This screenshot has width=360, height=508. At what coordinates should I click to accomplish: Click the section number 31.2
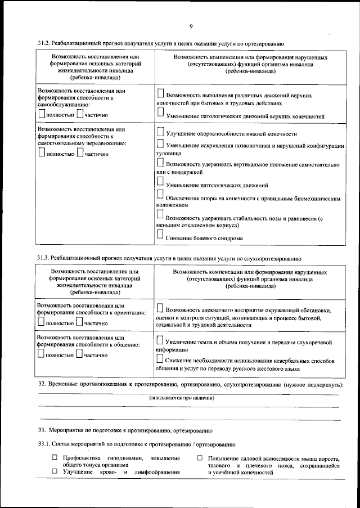coord(44,43)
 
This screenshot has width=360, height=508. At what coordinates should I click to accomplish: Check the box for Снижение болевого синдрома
coord(160,235)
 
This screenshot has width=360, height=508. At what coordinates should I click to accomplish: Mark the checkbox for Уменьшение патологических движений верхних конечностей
coord(160,113)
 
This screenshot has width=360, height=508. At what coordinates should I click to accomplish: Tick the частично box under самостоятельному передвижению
coord(80,151)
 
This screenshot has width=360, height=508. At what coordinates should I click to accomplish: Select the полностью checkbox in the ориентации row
coord(41,321)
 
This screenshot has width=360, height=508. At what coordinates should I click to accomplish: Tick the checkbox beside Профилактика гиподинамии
coord(55,458)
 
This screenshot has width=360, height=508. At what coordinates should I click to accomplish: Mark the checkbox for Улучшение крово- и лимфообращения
coord(55,471)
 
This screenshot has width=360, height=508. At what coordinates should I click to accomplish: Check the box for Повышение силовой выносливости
coord(200,458)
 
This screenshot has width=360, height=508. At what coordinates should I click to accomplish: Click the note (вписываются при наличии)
coord(182,398)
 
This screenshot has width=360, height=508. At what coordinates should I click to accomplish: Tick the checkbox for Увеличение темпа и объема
coord(160,339)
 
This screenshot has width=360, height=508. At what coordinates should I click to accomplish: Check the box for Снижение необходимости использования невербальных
coord(160,358)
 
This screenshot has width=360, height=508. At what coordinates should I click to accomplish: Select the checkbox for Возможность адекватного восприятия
coord(160,308)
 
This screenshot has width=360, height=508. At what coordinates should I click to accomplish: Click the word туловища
coord(168,153)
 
